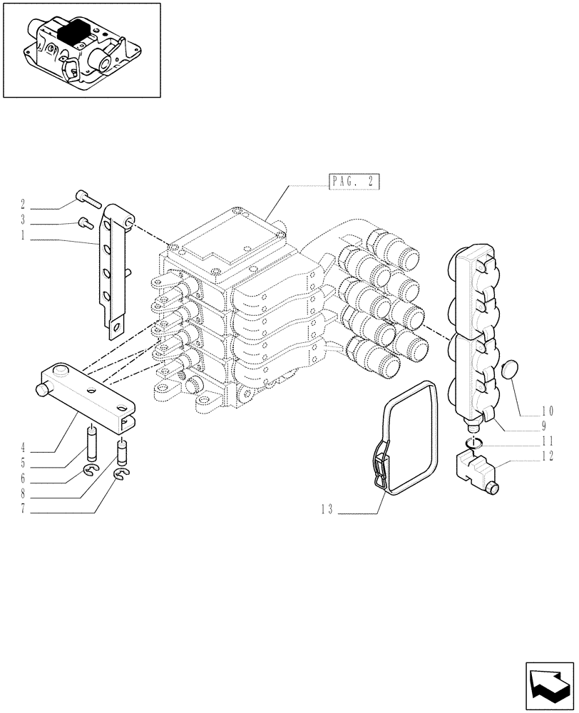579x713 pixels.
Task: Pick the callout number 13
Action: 326,511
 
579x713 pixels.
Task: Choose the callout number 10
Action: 548,411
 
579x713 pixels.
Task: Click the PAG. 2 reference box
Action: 354,182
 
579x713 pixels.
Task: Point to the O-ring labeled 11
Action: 472,443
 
